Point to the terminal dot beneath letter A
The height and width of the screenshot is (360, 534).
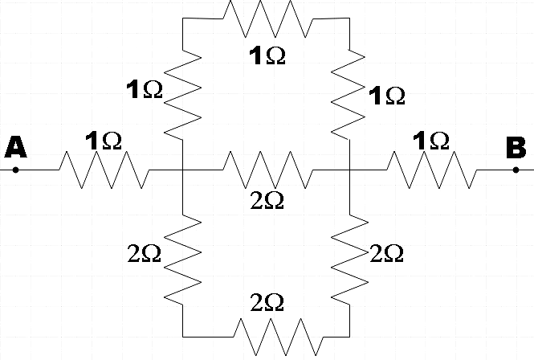[x=15, y=170]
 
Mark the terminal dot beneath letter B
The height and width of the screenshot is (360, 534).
[x=516, y=170]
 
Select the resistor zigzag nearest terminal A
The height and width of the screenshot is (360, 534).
[x=103, y=170]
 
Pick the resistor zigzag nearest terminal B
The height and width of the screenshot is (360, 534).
[x=433, y=170]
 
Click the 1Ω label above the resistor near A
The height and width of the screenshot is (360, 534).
[x=103, y=140]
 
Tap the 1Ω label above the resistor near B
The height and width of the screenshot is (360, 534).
[x=430, y=140]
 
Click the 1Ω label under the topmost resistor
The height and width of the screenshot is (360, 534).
[x=267, y=55]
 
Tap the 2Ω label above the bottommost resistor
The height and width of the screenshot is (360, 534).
[x=267, y=302]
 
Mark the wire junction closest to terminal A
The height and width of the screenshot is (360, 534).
[x=183, y=170]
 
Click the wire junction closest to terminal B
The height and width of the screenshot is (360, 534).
[x=351, y=170]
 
